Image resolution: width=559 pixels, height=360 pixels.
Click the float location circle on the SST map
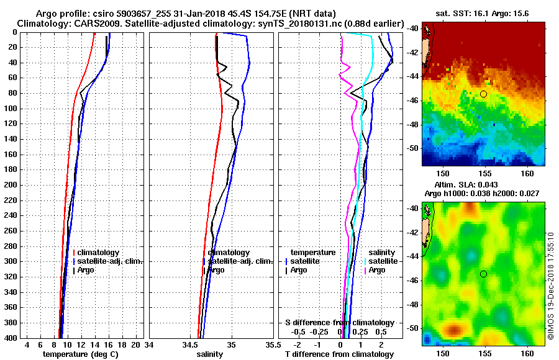tap(483, 94)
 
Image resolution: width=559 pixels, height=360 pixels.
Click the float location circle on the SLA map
tap(483, 274)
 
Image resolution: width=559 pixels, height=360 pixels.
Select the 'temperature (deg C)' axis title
tap(80, 354)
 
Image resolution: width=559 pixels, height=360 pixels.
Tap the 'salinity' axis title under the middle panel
tap(209, 354)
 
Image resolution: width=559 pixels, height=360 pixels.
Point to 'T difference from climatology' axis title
tap(339, 354)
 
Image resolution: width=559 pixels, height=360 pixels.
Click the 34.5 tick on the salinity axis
tap(191, 344)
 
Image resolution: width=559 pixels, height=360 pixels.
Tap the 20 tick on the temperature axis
tap(136, 344)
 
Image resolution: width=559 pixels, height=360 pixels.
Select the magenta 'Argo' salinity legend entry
tap(377, 270)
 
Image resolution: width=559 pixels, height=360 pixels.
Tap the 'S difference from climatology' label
tap(339, 323)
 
